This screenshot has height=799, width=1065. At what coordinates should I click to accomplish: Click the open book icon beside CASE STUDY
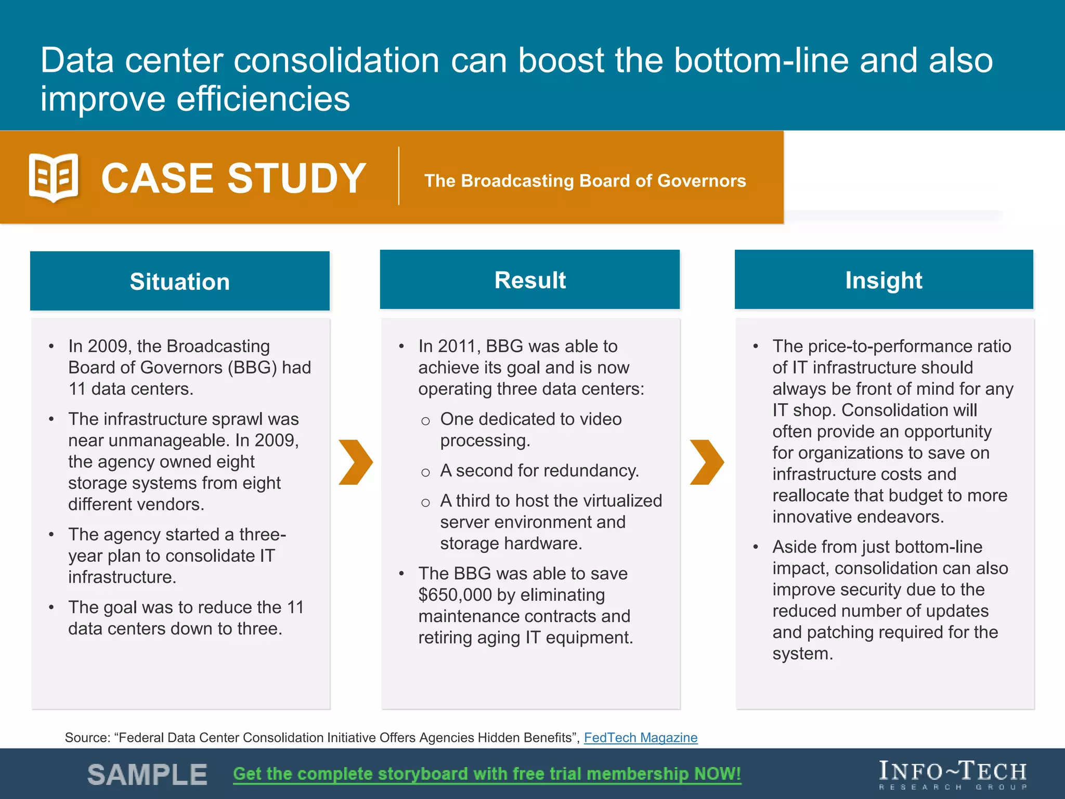click(x=54, y=177)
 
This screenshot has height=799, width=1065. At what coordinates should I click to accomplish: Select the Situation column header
click(x=179, y=281)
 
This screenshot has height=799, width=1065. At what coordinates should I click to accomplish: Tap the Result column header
click(x=529, y=280)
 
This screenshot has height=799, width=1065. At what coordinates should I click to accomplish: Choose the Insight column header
click(x=884, y=280)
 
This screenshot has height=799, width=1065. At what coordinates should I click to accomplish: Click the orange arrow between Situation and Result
click(x=355, y=462)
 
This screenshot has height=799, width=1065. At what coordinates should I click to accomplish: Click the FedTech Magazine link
click(x=640, y=737)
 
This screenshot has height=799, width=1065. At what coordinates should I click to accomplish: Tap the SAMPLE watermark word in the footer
click(x=147, y=775)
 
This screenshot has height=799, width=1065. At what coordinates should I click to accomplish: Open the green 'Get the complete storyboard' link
click(x=487, y=774)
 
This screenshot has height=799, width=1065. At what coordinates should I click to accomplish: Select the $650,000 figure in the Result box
click(x=455, y=595)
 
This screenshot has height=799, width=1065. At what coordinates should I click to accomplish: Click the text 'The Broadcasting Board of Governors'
click(x=585, y=181)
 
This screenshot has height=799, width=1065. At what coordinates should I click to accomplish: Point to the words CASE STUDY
click(x=233, y=178)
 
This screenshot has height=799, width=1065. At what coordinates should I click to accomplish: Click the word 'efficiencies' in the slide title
click(x=263, y=99)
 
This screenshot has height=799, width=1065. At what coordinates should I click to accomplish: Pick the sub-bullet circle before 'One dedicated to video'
click(x=425, y=421)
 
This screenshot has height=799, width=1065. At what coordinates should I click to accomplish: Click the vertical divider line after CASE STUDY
click(x=399, y=176)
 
